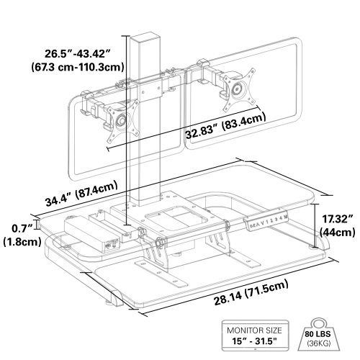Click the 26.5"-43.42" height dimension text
click(73, 54)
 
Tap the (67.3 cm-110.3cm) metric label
click(73, 68)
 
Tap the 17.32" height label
click(337, 218)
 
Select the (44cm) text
click(337, 232)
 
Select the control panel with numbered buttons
click(268, 216)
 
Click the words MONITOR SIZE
click(251, 330)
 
